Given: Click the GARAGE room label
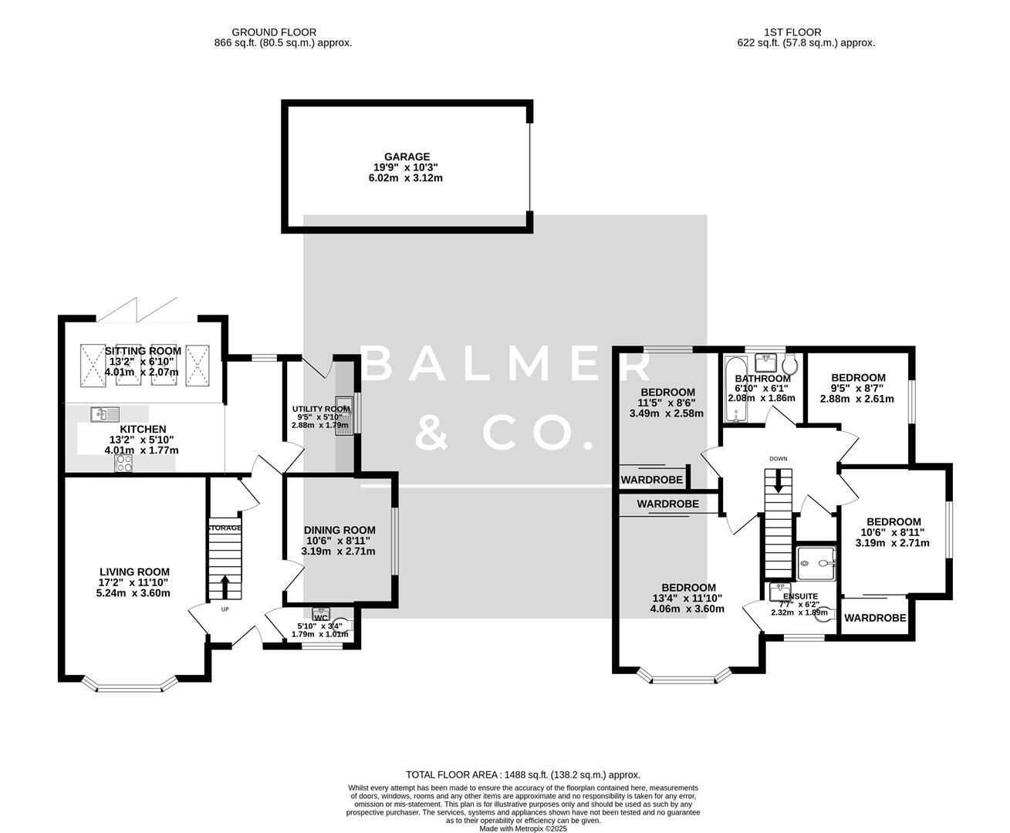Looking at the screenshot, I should coord(408,157).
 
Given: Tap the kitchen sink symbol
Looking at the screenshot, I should coord(100,415).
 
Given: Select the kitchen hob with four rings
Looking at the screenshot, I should coord(123,463).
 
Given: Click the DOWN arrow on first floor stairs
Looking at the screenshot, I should coord(778,481).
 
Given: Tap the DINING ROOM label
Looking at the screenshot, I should coord(339,530).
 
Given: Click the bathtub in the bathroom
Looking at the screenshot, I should coord(732,390).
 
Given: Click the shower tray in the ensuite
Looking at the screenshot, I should coord(816,563).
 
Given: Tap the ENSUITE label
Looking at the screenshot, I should coord(800,596).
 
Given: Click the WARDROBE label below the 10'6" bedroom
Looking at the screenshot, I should coord(875,618).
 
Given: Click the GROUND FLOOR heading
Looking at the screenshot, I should coord(282,32).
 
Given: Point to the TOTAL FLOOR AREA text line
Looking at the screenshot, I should coord(523,774).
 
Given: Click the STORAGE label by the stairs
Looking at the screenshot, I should coord(225,528).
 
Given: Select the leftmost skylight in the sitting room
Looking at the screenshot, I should coord(93,362).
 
